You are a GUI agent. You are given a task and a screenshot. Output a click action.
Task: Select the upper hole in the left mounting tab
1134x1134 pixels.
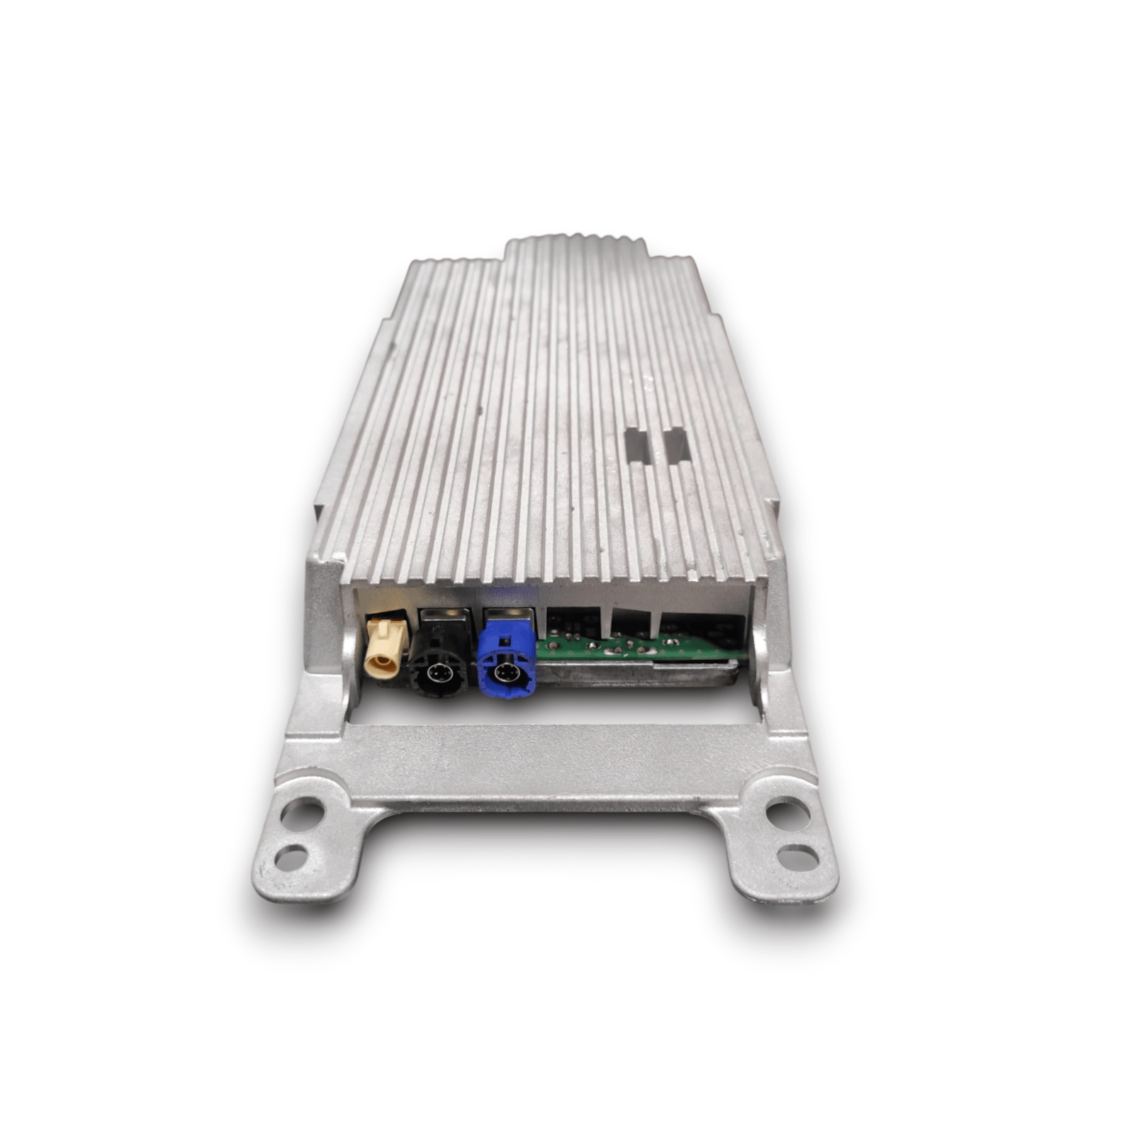click(x=303, y=810)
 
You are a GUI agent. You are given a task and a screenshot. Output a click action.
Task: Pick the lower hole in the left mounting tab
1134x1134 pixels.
click(x=291, y=858)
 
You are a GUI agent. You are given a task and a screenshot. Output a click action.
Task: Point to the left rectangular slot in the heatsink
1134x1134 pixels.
click(x=636, y=445)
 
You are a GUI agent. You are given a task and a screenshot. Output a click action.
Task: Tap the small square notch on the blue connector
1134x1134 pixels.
click(x=505, y=642)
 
